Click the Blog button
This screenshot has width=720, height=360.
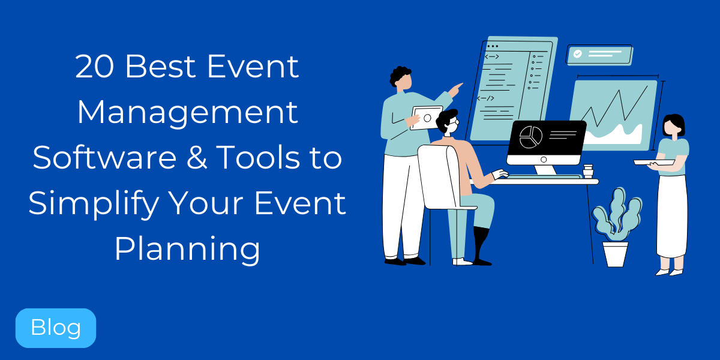[x=55, y=328]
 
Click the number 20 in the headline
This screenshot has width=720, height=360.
[x=96, y=67]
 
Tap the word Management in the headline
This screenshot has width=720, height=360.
[x=187, y=112]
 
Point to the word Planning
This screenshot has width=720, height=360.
[x=187, y=249]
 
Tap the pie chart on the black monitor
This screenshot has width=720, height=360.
[x=530, y=137]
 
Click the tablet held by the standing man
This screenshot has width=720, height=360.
[x=427, y=118]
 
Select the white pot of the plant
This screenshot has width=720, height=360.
[x=615, y=253]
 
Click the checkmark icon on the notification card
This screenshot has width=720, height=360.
[x=577, y=54]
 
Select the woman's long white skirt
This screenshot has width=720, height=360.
[x=671, y=216]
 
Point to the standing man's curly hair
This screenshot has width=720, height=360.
[x=400, y=74]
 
